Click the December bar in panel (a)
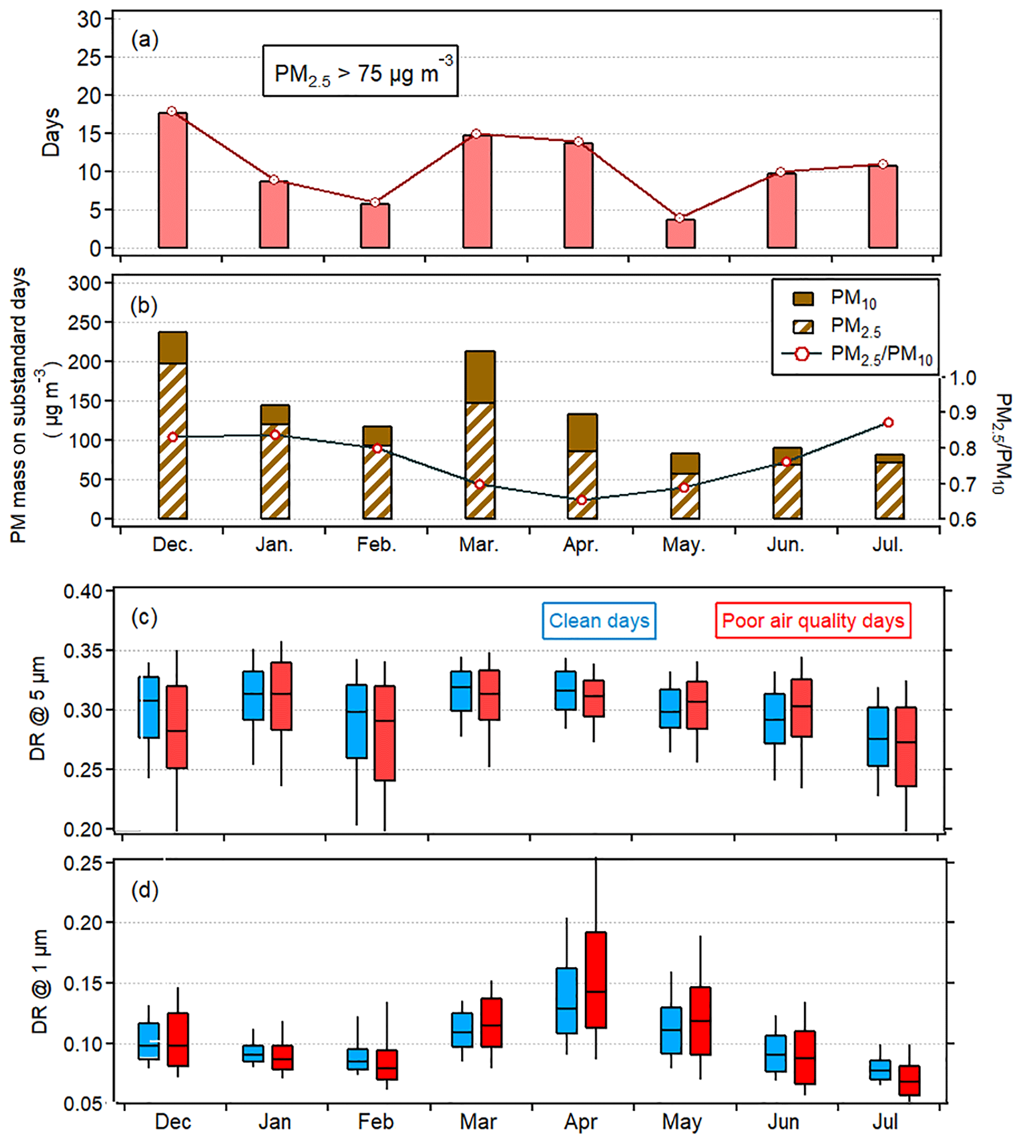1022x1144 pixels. [x=173, y=180]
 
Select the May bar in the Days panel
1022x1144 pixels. [x=680, y=233]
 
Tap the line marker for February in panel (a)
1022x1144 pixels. [x=375, y=202]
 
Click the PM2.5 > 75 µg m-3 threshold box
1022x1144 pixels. [x=360, y=71]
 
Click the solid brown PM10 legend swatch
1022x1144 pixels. [x=802, y=298]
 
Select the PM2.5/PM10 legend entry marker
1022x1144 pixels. [x=802, y=353]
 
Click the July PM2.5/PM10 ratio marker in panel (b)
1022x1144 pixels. [x=888, y=423]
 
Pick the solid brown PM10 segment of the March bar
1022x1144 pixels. [x=480, y=377]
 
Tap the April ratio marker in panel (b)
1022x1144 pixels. [x=582, y=500]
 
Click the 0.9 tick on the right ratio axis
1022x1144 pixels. [x=961, y=412]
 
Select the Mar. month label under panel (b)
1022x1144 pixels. [x=479, y=544]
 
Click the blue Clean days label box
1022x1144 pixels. [x=599, y=620]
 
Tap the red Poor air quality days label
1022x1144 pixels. [x=812, y=620]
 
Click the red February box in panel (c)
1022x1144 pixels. [x=385, y=733]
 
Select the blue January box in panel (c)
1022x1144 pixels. [x=253, y=696]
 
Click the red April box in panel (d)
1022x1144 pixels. [x=595, y=979]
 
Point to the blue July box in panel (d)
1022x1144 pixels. [x=880, y=1069]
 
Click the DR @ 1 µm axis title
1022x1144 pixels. [x=40, y=982]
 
